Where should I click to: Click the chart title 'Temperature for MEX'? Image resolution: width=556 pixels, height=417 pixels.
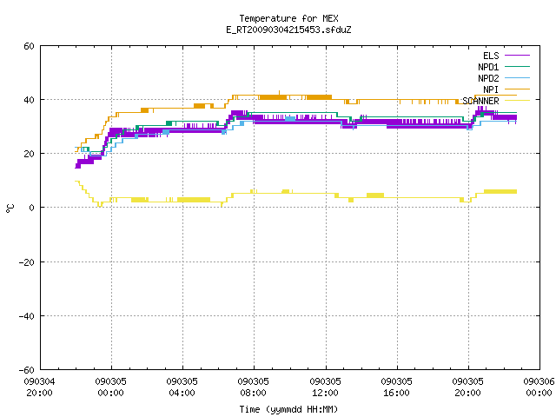point(288,18)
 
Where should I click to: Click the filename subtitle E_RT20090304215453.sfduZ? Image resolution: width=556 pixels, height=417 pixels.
point(288,30)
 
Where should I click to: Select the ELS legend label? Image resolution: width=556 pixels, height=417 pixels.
point(491,56)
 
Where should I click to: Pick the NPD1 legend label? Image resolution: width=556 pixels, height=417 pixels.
point(488,67)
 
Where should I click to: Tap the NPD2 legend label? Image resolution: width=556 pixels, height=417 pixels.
point(488,78)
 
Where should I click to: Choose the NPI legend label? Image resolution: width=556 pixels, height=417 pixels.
point(491,89)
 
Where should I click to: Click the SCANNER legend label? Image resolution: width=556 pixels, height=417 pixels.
point(480,101)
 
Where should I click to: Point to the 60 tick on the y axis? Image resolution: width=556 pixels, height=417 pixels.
point(29,46)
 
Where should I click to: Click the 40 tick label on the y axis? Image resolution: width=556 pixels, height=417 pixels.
point(29,100)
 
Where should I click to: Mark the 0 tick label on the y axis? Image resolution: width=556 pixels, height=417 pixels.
point(32,208)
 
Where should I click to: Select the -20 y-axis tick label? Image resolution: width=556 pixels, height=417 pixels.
point(27,262)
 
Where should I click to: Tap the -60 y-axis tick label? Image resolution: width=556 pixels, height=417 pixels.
point(27,370)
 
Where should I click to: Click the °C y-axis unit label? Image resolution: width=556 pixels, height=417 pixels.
point(10,208)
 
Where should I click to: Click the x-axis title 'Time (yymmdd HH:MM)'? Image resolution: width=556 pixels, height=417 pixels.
point(288,409)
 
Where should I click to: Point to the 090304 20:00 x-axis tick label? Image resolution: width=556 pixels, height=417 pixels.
point(39,387)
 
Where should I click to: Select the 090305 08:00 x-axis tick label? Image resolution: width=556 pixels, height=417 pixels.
point(253,387)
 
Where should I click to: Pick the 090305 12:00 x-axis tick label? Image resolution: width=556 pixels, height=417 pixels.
point(325,387)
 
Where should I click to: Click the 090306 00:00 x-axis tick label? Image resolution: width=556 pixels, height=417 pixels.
point(539,387)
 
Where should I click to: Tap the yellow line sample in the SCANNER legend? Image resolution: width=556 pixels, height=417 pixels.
point(517,101)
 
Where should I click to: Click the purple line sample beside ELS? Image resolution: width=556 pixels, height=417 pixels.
point(517,56)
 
